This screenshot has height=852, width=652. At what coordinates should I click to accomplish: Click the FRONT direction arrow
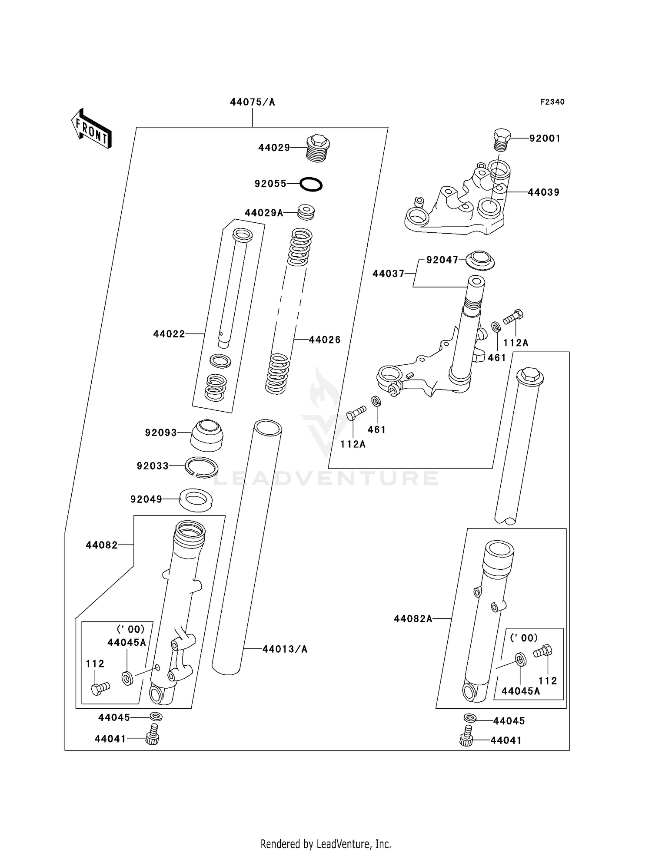pos(91,129)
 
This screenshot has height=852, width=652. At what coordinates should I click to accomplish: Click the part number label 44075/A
pos(253,102)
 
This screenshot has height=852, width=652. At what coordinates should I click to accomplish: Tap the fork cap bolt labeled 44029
pos(318,148)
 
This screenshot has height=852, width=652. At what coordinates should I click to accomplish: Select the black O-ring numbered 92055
pos(311,185)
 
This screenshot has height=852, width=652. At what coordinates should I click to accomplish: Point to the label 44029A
pos(264,213)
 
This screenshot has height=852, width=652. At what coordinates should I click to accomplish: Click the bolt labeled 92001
pos(502,139)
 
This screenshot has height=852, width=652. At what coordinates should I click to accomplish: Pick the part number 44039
pos(544,192)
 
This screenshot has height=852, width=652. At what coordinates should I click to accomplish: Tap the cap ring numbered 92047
pos(480,260)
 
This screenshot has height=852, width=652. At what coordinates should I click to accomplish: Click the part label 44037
pos(388,274)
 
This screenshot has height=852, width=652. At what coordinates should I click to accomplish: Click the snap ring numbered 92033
pos(202,467)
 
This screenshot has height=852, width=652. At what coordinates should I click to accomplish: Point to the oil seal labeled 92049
pos(196,499)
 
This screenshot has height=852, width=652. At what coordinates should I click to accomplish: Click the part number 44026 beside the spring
pos(325,340)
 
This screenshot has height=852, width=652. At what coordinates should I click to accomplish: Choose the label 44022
pos(169,334)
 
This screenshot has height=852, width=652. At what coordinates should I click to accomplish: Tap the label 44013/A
pos(285,649)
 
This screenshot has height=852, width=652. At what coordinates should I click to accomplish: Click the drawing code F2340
pos(552,102)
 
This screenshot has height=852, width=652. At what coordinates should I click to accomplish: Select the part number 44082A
pos(413,619)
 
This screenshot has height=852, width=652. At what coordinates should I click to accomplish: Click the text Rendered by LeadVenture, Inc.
pos(326,844)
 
